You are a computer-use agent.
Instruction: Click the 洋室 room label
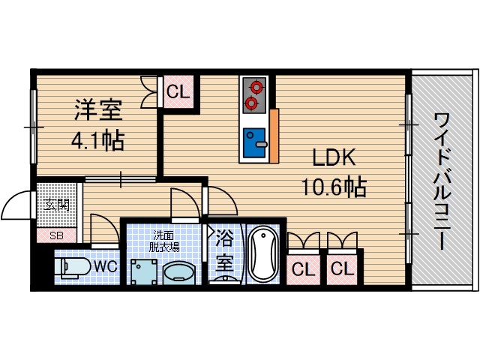pos(97,110)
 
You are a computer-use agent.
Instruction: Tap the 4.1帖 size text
pos(97,140)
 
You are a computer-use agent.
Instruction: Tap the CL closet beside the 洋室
pos(178,93)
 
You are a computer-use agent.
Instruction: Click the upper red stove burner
pos(253,86)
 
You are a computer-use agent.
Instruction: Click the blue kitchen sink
pos(255,137)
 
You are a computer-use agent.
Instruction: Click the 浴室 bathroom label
pos(223,253)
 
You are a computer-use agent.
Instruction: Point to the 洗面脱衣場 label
pos(163,240)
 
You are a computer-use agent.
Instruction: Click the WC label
pos(104,265)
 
